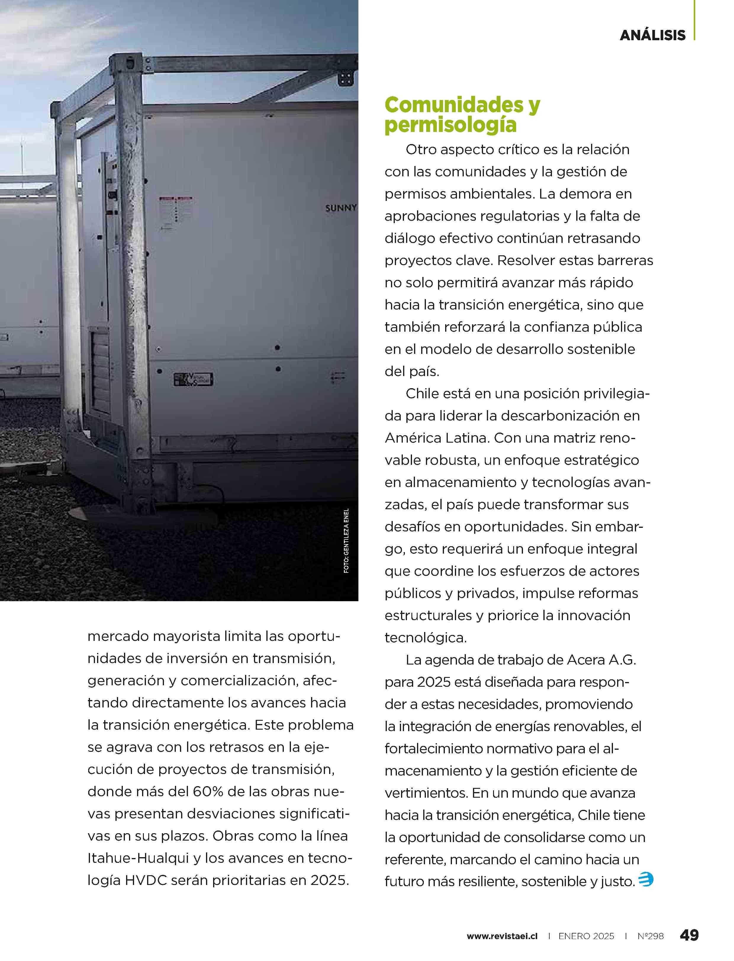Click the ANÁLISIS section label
pyautogui.click(x=652, y=35)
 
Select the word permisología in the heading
pyautogui.click(x=450, y=126)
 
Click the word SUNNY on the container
pyautogui.click(x=341, y=208)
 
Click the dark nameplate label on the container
pyautogui.click(x=193, y=379)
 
